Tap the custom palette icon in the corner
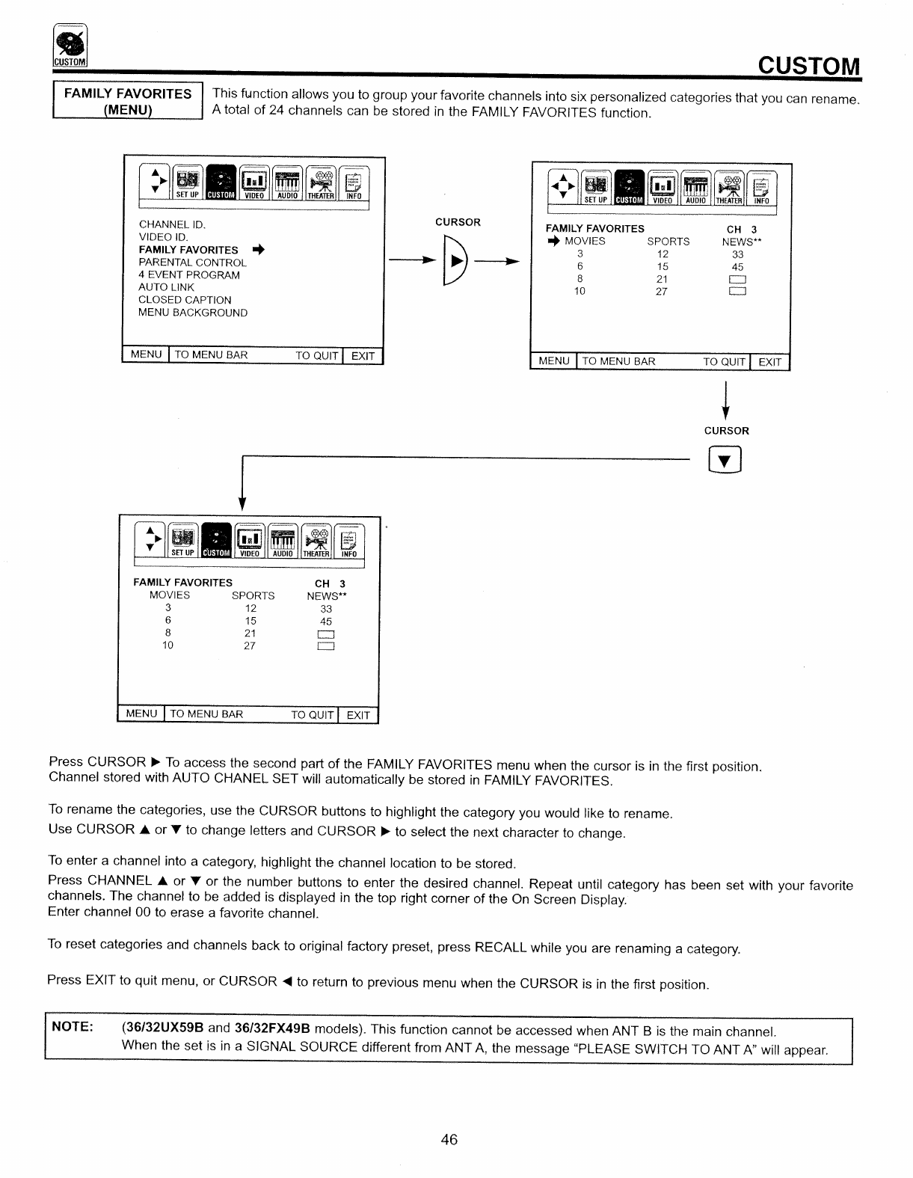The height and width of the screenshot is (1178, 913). click(70, 46)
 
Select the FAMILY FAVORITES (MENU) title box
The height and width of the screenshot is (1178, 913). click(128, 102)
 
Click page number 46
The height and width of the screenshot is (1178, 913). click(449, 1140)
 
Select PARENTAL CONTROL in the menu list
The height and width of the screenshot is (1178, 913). click(192, 263)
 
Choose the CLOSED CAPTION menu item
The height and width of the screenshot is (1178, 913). click(185, 300)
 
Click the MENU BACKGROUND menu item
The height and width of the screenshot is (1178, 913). click(193, 313)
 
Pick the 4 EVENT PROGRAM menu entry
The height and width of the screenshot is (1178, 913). click(189, 275)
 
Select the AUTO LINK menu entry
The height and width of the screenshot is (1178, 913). click(166, 287)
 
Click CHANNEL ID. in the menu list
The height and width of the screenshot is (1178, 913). click(172, 224)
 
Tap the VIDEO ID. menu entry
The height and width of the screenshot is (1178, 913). click(163, 237)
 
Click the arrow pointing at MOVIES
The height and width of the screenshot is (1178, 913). click(553, 241)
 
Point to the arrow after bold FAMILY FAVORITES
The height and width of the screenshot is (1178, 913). click(259, 249)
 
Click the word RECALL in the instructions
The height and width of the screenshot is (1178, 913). click(501, 947)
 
